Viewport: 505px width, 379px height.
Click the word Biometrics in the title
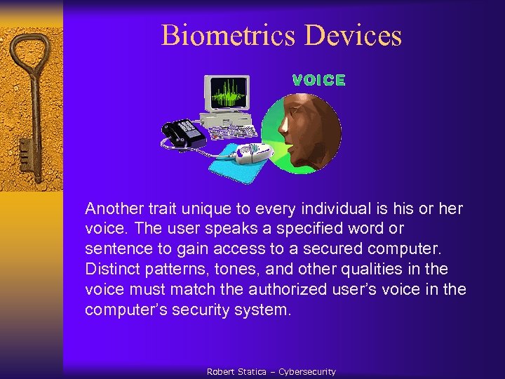221,35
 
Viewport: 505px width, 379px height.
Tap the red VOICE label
318,81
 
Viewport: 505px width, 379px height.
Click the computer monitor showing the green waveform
227,96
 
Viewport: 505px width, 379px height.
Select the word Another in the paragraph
114,208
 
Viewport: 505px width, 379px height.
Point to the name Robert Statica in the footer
236,371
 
